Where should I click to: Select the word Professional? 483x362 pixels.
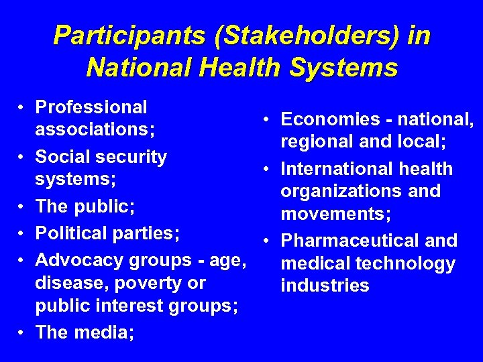[x=91, y=107]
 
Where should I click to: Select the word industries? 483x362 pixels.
[x=325, y=286]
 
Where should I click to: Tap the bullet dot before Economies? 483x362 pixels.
[x=267, y=119]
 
